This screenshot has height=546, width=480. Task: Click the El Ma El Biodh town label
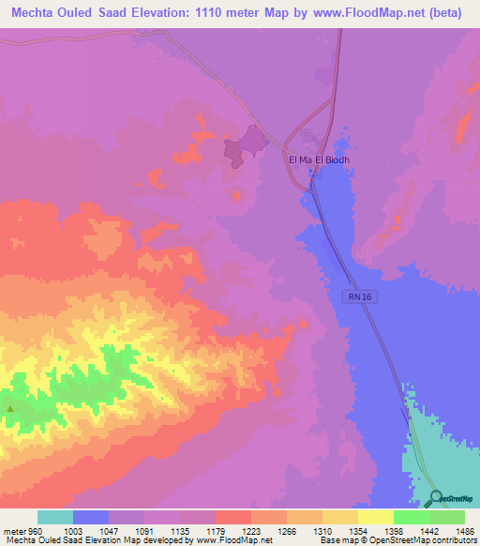(324, 159)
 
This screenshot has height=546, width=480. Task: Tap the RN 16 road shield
(354, 296)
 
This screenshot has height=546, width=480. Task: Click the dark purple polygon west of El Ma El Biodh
(246, 144)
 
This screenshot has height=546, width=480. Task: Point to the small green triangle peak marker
(10, 408)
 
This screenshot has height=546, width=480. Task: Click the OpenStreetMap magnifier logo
(436, 497)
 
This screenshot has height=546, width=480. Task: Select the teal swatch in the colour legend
(55, 518)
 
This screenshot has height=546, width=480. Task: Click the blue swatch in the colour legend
(91, 518)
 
